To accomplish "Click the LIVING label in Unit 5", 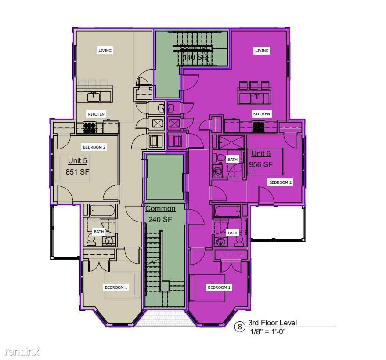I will pos(105,51).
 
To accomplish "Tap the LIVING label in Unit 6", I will pos(262,51).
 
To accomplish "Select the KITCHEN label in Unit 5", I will pos(96,114).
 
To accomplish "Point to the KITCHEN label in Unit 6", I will pos(261,114).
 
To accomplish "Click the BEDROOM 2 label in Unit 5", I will pos(94,147).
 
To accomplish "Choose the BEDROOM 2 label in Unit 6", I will pos(281,182).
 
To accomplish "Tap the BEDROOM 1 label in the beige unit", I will pos(115,287).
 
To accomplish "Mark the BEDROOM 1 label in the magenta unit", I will pos(219,287).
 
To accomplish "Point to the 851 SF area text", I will pos(78,172).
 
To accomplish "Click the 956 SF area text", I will pos(261,165).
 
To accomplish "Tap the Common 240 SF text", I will pos(160,214).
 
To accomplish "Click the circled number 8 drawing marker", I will pos(240,327).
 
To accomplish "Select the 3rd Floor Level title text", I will pos(272,323).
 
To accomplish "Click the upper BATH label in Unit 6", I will pos(232,160).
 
